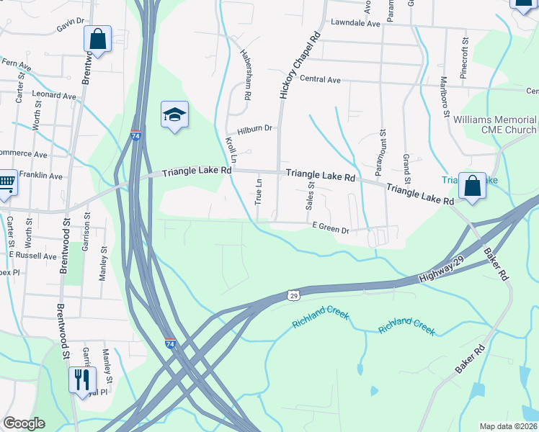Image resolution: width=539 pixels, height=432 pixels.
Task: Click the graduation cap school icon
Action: click(x=174, y=115)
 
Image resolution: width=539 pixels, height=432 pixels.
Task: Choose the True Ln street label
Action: click(x=258, y=192)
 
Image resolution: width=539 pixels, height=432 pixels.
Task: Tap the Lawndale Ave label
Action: click(x=355, y=24)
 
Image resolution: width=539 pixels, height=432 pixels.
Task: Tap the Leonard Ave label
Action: click(x=54, y=96)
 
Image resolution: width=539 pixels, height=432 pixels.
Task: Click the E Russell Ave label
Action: click(x=32, y=256)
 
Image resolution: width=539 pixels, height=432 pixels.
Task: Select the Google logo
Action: click(x=24, y=423)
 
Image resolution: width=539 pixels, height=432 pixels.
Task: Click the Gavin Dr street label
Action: click(x=71, y=25)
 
